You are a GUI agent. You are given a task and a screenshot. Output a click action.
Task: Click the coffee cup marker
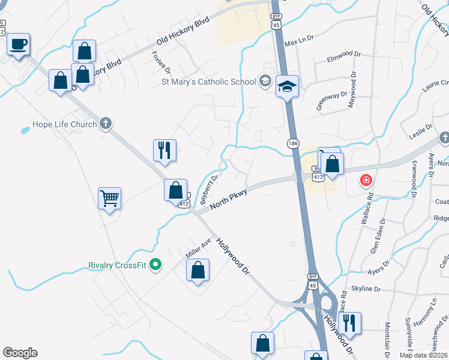pyautogui.click(x=18, y=45)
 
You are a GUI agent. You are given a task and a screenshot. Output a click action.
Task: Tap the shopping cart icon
pyautogui.click(x=110, y=198)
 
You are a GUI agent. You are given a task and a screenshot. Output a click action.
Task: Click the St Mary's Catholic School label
pyautogui.click(x=207, y=81)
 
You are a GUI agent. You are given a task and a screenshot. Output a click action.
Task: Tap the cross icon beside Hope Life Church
pyautogui.click(x=106, y=124)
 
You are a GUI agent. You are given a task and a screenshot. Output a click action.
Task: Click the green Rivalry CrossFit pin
pyautogui.click(x=156, y=264)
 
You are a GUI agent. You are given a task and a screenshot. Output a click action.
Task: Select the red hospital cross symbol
pyautogui.click(x=365, y=180)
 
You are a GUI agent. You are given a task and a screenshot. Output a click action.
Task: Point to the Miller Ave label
pyautogui.click(x=198, y=247)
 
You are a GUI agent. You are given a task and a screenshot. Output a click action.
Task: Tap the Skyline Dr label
pyautogui.click(x=366, y=289)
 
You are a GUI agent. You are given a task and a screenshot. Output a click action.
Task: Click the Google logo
pyautogui.click(x=20, y=353)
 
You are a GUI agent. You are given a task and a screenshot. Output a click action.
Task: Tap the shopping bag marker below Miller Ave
pyautogui.click(x=198, y=271)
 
